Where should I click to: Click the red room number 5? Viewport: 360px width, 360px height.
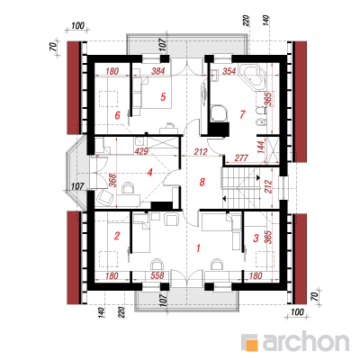point(163,97)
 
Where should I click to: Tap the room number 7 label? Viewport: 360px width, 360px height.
point(242,114)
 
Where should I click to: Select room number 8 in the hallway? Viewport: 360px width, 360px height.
point(202,182)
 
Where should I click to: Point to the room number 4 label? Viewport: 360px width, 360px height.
point(150,173)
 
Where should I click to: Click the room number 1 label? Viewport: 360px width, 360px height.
point(198,248)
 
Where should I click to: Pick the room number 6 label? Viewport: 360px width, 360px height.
point(118,115)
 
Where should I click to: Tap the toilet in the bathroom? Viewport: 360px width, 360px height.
point(262,111)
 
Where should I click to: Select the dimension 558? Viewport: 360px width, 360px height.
point(157,275)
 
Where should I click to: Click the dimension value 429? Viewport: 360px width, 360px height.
point(141,151)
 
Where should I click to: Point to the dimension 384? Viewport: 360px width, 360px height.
point(158,71)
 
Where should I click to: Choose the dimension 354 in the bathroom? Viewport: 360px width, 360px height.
point(229,71)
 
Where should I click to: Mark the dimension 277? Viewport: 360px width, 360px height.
point(240,157)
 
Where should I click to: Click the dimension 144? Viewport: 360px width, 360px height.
point(261,147)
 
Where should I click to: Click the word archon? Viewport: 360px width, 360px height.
point(306,341)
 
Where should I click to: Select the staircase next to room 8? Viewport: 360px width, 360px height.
point(247,186)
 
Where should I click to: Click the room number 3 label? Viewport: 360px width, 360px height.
point(256,238)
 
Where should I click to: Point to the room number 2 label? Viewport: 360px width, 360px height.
point(117,236)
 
